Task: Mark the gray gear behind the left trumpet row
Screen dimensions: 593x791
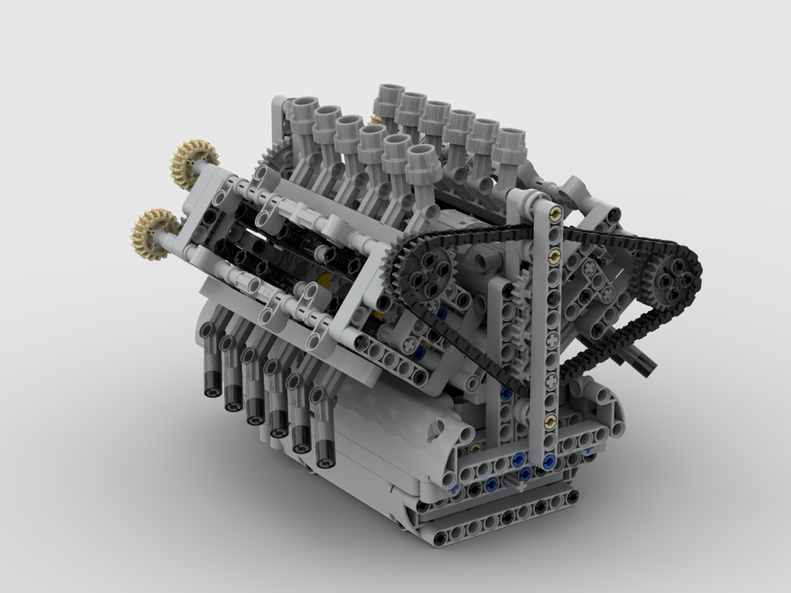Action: [x=273, y=158]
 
